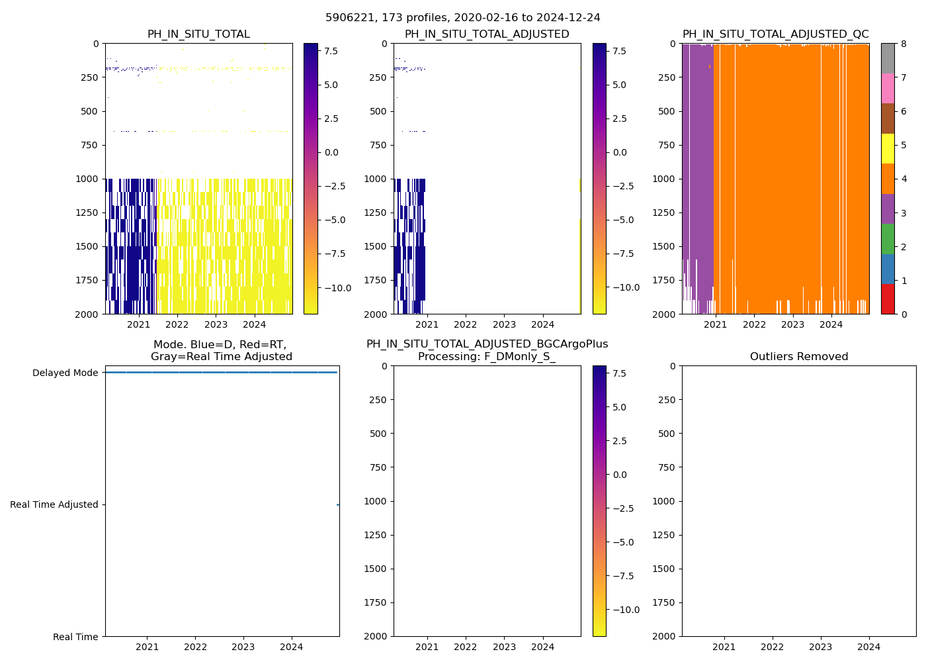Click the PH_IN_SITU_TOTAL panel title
198,34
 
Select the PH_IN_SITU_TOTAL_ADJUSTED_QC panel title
775,34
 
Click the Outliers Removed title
798,357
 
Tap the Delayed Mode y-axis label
65,373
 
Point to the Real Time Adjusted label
54,504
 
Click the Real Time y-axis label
75,637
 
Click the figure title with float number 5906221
462,18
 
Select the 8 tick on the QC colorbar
904,44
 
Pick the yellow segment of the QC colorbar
888,148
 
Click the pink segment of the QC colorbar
888,88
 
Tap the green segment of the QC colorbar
888,238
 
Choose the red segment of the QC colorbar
888,299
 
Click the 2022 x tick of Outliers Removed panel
772,647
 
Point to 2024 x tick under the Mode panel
292,647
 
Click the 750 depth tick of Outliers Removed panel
667,467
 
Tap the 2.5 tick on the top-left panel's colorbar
331,118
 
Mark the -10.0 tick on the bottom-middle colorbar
625,610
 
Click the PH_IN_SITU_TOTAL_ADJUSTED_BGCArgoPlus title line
487,344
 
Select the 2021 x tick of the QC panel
715,324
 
